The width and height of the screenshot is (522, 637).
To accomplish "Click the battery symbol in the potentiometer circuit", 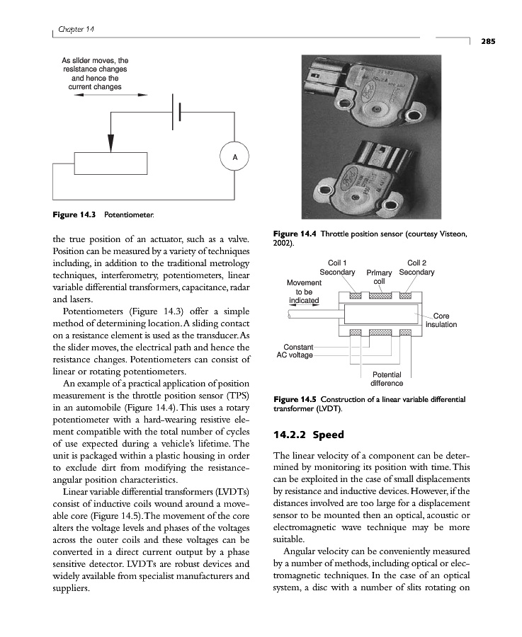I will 176,113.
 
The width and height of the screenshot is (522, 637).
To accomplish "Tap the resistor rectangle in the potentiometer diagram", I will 110,163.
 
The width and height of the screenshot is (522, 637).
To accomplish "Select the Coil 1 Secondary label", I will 337,267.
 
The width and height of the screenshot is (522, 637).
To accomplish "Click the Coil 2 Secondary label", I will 416,267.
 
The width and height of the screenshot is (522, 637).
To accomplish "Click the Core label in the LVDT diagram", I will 441,316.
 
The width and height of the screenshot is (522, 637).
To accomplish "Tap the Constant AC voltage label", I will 298,350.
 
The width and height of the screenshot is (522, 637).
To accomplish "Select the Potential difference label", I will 387,379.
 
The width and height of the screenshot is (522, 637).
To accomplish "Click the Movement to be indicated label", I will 304,291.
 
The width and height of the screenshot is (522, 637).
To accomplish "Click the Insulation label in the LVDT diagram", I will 441,325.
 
